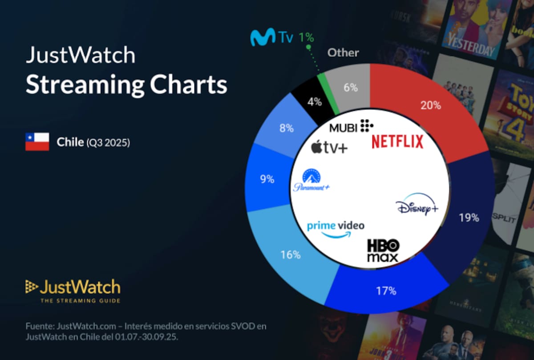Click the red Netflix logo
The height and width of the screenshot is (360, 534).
coord(397,142)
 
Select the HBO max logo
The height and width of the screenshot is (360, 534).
coord(383,251)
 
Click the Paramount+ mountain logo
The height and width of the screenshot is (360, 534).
coord(311,180)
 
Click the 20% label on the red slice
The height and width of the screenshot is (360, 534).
coord(430,105)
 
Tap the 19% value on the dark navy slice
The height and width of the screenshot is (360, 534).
coord(469,218)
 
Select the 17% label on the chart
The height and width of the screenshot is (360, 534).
coord(386,291)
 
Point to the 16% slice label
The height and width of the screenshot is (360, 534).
coord(290,255)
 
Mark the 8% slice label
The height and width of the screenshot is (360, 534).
coord(286,128)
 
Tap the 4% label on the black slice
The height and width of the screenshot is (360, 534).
coord(315,101)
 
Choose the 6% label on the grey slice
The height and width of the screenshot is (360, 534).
coord(351,88)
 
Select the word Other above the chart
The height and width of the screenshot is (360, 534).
coord(343,53)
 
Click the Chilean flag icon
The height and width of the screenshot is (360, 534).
coord(37,142)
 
